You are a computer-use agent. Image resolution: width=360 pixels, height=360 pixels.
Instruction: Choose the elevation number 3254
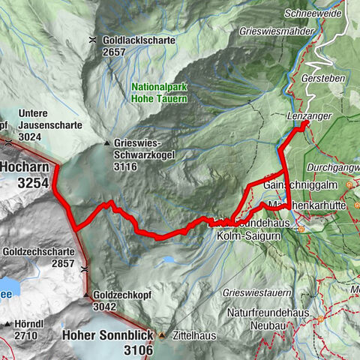pyautogui.click(x=28, y=183)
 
